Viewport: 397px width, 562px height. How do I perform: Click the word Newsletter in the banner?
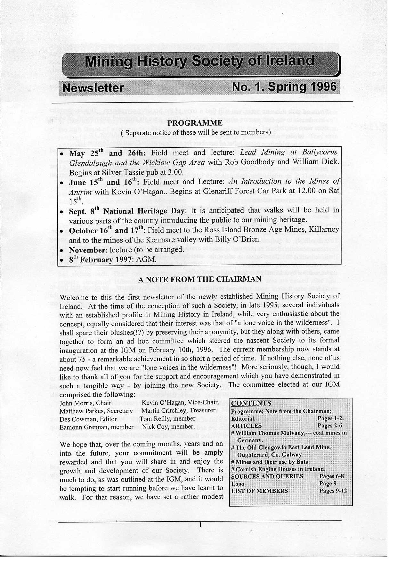93,88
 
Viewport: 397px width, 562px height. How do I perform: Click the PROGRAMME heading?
195,123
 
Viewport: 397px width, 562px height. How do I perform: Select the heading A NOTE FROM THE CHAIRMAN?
200,279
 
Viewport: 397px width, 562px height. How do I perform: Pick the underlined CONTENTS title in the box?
251,403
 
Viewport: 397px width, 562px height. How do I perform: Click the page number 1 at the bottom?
200,525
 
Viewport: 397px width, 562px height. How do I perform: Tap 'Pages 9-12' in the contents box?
333,491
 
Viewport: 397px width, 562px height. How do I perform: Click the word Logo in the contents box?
238,484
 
